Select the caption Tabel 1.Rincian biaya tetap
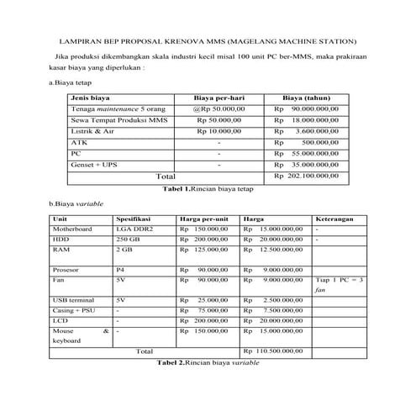point(208,188)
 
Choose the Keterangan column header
point(334,219)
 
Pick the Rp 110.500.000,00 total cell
point(274,350)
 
